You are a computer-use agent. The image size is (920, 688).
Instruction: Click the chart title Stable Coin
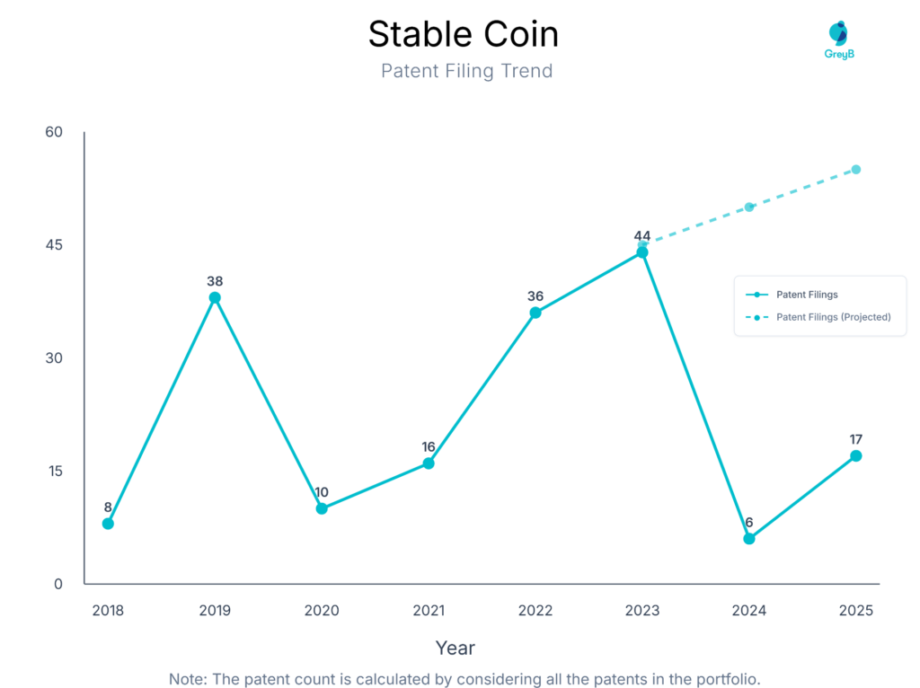pyautogui.click(x=463, y=34)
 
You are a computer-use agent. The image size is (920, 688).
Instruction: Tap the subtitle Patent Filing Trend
pyautogui.click(x=466, y=71)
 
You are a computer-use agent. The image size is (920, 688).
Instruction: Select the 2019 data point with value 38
pyautogui.click(x=215, y=297)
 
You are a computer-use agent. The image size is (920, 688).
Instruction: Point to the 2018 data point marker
pyautogui.click(x=108, y=524)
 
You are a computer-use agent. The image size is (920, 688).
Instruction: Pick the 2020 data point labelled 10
pyautogui.click(x=322, y=508)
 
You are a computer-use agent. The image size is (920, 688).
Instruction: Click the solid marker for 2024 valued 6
pyautogui.click(x=749, y=539)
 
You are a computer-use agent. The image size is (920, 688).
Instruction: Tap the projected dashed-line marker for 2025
pyautogui.click(x=856, y=170)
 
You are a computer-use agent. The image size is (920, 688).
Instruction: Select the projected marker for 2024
pyautogui.click(x=749, y=207)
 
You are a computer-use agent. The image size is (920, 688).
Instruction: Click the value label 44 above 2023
pyautogui.click(x=642, y=236)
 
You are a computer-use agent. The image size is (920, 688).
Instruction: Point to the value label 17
pyautogui.click(x=856, y=439)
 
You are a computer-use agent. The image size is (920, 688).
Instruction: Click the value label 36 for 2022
pyautogui.click(x=535, y=296)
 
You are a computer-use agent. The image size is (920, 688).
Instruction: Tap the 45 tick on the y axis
pyautogui.click(x=54, y=245)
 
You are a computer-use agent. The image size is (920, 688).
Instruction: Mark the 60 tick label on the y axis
pyautogui.click(x=54, y=132)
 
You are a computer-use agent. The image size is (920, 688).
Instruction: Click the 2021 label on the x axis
pyautogui.click(x=429, y=611)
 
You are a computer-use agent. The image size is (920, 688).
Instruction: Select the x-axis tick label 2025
pyautogui.click(x=856, y=611)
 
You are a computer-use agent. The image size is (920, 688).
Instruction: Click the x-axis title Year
pyautogui.click(x=456, y=648)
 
